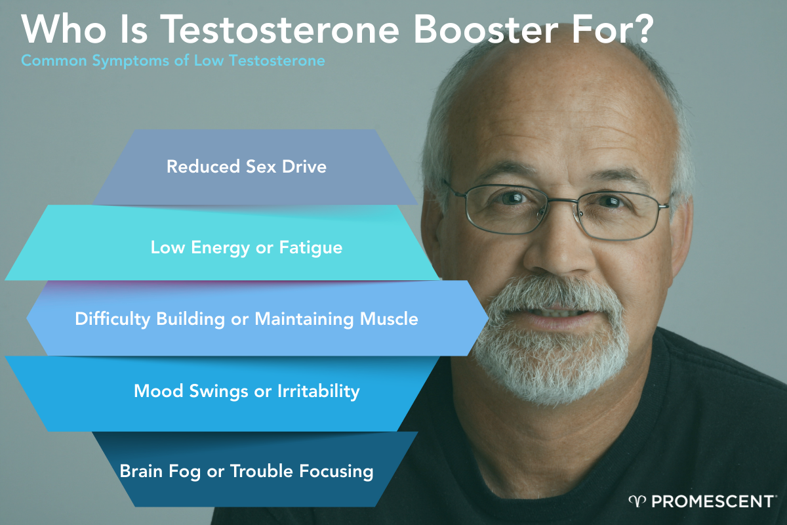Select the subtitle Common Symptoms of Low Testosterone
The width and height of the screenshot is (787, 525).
tap(173, 62)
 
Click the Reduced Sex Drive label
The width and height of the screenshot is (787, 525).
tap(246, 167)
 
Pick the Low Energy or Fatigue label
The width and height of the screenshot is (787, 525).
tap(247, 247)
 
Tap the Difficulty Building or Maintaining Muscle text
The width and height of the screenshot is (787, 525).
tap(247, 320)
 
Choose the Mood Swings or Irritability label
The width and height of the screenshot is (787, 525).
tap(247, 392)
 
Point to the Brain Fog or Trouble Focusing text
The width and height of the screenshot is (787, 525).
tap(247, 471)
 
